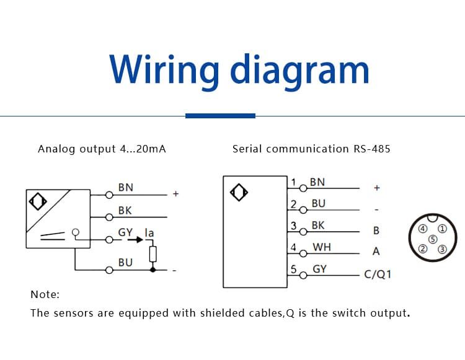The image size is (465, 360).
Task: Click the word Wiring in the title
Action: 162,69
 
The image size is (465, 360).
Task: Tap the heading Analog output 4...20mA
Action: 102,149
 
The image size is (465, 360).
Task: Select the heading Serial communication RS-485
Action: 311,149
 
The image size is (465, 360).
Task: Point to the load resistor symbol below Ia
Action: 153,253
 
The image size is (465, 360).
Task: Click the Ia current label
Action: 149,233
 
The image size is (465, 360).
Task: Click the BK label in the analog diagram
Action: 125,211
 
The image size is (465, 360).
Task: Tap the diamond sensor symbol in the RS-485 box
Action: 238,193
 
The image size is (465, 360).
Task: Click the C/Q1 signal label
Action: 378,274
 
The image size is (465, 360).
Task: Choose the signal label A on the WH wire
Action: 376,252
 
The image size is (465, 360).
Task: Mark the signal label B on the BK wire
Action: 376,230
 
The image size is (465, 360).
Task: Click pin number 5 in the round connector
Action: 433,239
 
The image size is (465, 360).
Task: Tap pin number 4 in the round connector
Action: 423,229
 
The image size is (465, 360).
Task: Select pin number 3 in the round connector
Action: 442,249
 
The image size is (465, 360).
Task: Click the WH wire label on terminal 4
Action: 322,247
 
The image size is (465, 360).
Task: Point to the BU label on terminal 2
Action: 319,204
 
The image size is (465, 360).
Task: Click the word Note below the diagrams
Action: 45,295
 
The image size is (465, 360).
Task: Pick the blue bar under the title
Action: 220,115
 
